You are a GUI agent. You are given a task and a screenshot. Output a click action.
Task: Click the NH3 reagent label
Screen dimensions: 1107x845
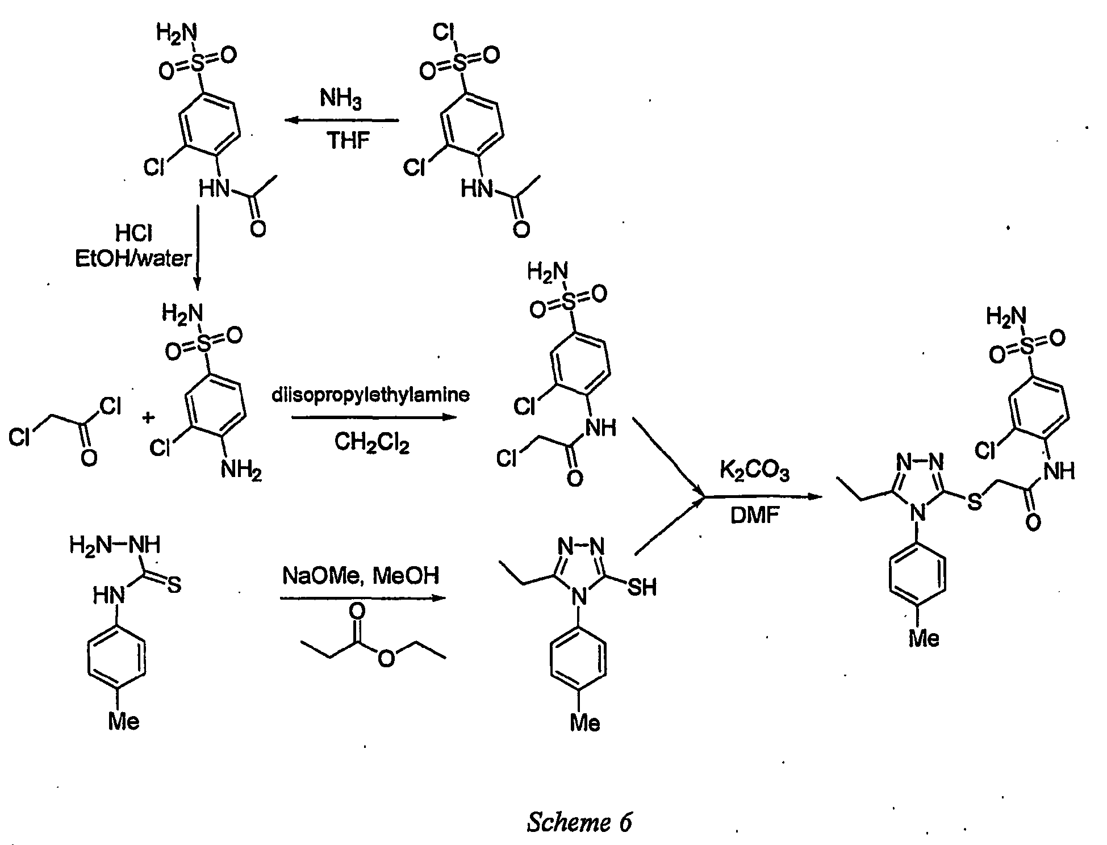pyautogui.click(x=340, y=99)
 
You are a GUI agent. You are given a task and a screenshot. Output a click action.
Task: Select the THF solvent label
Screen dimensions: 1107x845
pyautogui.click(x=348, y=140)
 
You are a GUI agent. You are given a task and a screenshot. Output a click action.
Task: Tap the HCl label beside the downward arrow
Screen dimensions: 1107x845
pyautogui.click(x=133, y=233)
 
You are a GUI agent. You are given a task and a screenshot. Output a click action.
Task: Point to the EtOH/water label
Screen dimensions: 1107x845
pyautogui.click(x=133, y=259)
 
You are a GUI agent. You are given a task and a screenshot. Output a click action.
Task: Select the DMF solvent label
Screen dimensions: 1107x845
pyautogui.click(x=755, y=516)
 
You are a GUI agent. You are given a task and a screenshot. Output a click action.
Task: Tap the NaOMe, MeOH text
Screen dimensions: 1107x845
pyautogui.click(x=361, y=576)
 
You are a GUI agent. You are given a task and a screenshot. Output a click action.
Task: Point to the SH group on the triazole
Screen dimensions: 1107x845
pyautogui.click(x=642, y=588)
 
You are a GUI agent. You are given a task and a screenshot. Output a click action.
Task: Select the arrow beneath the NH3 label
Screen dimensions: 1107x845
pyautogui.click(x=341, y=120)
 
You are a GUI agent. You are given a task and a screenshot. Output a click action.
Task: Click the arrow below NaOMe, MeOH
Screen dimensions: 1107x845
pyautogui.click(x=362, y=598)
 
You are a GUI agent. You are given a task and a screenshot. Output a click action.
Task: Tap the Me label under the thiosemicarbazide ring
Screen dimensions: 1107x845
pyautogui.click(x=124, y=722)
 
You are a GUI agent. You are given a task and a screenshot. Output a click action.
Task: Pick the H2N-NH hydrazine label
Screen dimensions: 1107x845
pyautogui.click(x=115, y=545)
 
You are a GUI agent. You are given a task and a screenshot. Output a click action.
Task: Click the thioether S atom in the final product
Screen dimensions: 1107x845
pyautogui.click(x=974, y=503)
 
